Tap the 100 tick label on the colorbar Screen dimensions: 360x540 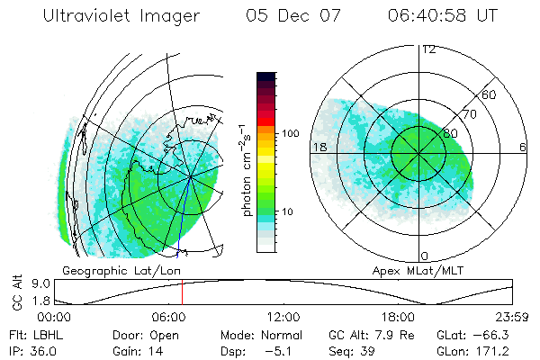(x=290, y=133)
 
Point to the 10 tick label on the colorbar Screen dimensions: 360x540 (x=287, y=211)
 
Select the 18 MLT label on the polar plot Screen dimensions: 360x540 (x=319, y=146)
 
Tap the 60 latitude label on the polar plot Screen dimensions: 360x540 (x=490, y=94)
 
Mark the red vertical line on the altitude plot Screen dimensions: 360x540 (x=182, y=293)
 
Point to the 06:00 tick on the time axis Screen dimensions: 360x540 (x=168, y=317)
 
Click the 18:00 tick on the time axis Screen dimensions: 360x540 (x=397, y=317)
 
